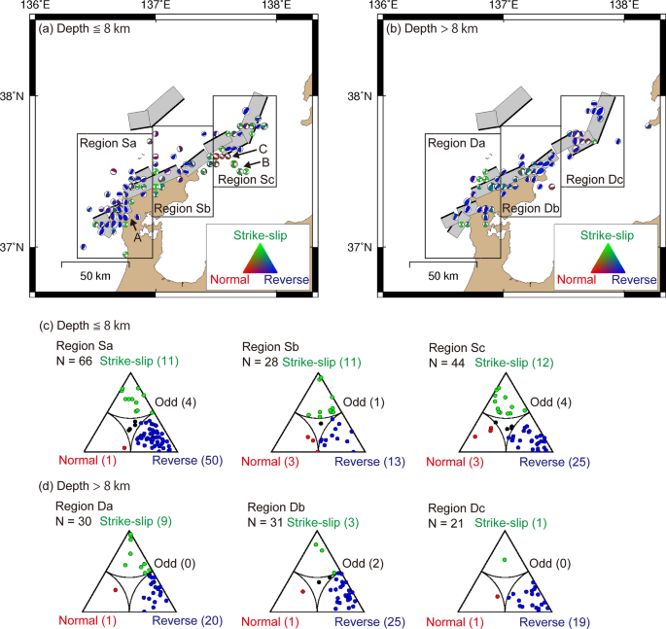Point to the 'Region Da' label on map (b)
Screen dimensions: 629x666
coord(457,143)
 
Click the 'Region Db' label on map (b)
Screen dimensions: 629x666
coord(531,209)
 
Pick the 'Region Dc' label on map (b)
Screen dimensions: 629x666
coord(593,179)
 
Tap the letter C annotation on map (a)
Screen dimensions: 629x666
coord(263,148)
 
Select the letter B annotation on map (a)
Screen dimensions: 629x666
coord(264,162)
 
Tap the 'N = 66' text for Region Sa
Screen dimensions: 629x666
coord(71,362)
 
